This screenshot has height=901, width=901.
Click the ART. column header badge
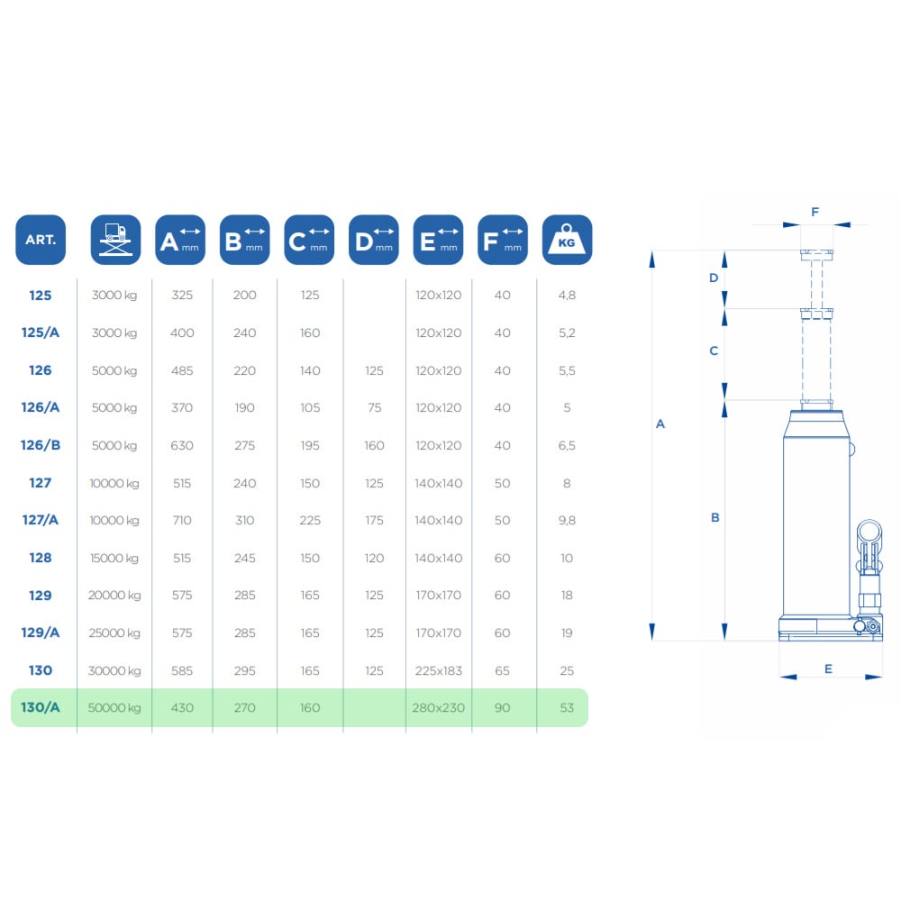click(x=41, y=240)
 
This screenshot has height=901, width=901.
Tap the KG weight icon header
click(x=567, y=240)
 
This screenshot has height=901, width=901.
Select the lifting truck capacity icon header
click(x=115, y=240)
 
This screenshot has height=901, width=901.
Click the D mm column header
click(x=374, y=240)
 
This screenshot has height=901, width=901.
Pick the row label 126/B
click(x=41, y=445)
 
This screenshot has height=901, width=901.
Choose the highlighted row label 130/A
click(x=41, y=707)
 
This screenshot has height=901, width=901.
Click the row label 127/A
click(x=41, y=520)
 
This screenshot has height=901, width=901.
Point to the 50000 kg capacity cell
click(x=114, y=708)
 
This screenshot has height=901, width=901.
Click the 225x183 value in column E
click(x=439, y=670)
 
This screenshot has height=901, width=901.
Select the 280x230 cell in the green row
click(x=439, y=708)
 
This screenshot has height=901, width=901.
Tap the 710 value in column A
click(x=182, y=520)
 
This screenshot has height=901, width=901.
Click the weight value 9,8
click(x=567, y=521)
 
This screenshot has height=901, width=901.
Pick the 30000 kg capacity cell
click(x=114, y=670)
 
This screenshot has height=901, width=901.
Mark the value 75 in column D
click(x=374, y=407)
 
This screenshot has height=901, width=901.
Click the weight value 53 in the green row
click(x=567, y=708)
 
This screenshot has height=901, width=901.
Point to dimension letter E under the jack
click(x=828, y=669)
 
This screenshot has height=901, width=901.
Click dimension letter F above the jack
click(x=815, y=212)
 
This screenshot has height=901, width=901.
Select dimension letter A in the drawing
click(x=660, y=424)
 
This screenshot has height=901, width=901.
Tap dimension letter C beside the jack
click(x=714, y=350)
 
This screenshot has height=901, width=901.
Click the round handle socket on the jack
click(x=869, y=534)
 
